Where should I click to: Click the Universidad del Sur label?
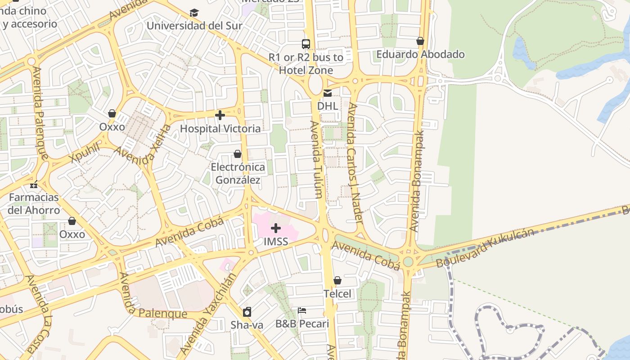pyautogui.click(x=194, y=26)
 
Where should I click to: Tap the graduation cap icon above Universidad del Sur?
pyautogui.click(x=194, y=13)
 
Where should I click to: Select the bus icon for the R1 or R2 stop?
pyautogui.click(x=306, y=44)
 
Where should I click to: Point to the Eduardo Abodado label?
pyautogui.click(x=420, y=54)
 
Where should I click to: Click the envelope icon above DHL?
pyautogui.click(x=328, y=93)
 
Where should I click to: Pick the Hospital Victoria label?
pyautogui.click(x=220, y=129)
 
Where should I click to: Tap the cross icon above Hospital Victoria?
pyautogui.click(x=220, y=116)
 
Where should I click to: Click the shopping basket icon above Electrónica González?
pyautogui.click(x=238, y=154)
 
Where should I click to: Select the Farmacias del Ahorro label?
pyautogui.click(x=34, y=204)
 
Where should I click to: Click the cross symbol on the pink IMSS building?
pyautogui.click(x=276, y=228)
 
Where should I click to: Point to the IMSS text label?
pyautogui.click(x=276, y=242)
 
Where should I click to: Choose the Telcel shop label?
pyautogui.click(x=337, y=294)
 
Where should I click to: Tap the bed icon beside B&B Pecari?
pyautogui.click(x=302, y=310)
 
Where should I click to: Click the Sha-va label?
pyautogui.click(x=247, y=324)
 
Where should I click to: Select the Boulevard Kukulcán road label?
pyautogui.click(x=485, y=247)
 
